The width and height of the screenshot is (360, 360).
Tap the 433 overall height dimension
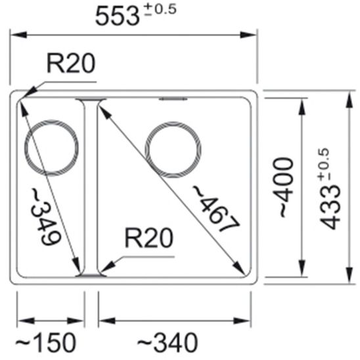pos(331,200)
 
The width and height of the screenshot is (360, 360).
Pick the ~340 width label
pos(169,342)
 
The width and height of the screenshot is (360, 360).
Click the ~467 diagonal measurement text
pos(214,209)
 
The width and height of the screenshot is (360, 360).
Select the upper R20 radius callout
pos(71,64)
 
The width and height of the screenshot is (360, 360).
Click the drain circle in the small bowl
pos(51,146)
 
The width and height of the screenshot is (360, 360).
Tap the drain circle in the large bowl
pos(173,150)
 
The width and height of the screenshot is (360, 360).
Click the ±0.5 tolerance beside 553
pos(160,11)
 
